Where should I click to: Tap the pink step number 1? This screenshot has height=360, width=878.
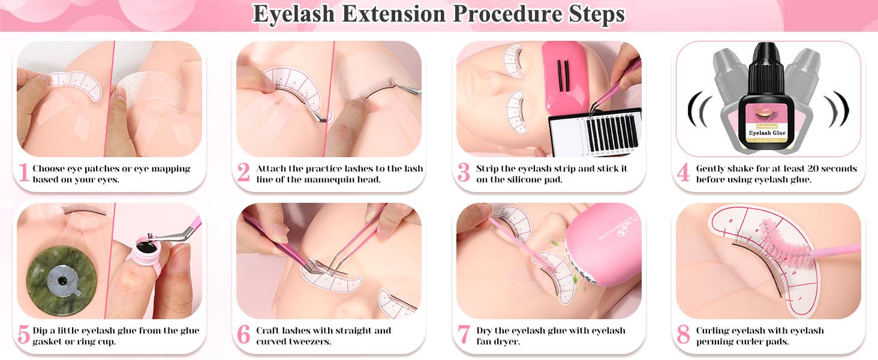tap(23, 173)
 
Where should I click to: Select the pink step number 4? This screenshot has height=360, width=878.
tap(683, 173)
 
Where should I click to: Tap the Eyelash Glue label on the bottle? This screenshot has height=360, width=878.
tap(763, 133)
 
